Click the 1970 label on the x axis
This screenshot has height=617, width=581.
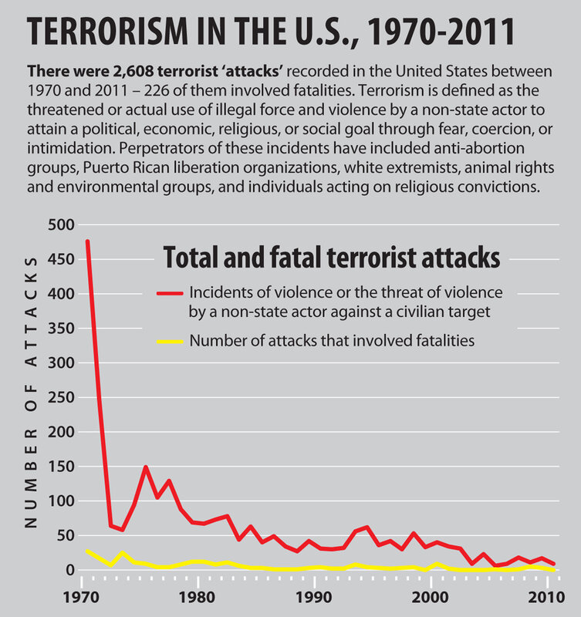pyautogui.click(x=81, y=597)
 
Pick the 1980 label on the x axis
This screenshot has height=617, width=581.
pyautogui.click(x=198, y=597)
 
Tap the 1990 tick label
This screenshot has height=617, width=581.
pyautogui.click(x=313, y=597)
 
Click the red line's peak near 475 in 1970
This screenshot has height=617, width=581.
pyautogui.click(x=87, y=241)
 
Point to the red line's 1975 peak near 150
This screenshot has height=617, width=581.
pyautogui.click(x=145, y=467)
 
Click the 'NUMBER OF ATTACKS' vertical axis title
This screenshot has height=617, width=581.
pyautogui.click(x=31, y=393)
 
